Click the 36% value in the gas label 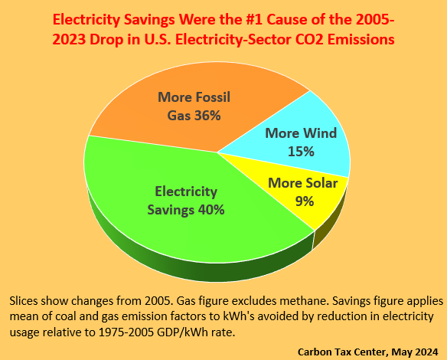(x=207, y=116)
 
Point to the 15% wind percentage (x=301, y=151)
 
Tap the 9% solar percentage (x=305, y=201)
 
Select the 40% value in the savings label (x=211, y=210)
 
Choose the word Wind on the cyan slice (x=320, y=133)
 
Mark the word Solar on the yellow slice (x=321, y=183)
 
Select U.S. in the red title (x=157, y=40)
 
